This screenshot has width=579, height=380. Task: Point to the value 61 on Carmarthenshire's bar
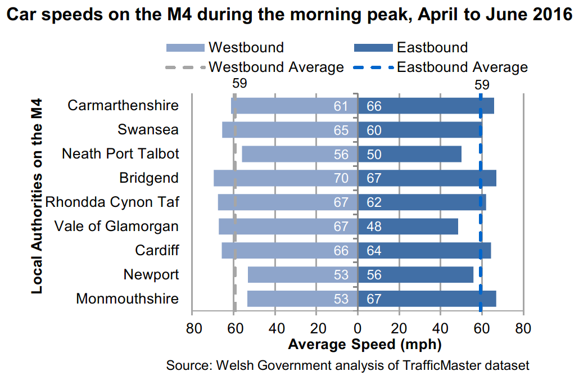(x=341, y=106)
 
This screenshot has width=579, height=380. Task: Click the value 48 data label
(x=374, y=227)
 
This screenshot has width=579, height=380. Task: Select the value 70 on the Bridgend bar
(x=341, y=178)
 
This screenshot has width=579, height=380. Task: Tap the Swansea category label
(x=148, y=130)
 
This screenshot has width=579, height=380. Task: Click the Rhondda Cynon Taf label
(x=112, y=202)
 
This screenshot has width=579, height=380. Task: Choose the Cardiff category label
(x=157, y=251)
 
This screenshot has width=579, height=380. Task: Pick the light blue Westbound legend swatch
(x=185, y=47)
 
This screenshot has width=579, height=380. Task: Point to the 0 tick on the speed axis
(x=358, y=328)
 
